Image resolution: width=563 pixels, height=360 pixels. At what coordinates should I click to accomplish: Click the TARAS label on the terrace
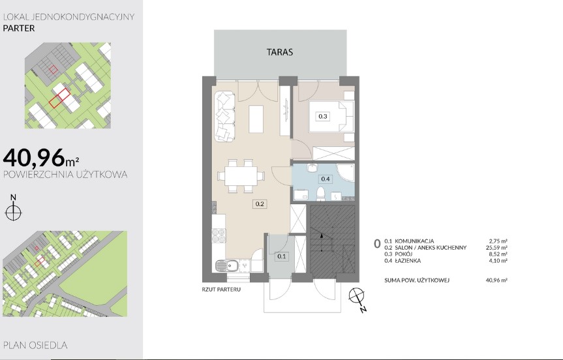coord(280,52)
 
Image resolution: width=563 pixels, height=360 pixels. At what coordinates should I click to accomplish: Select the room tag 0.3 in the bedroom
coord(323,116)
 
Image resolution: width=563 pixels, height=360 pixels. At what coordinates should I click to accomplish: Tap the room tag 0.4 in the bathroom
coord(326,179)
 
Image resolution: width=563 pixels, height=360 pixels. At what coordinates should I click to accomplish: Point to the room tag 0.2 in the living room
coord(260,204)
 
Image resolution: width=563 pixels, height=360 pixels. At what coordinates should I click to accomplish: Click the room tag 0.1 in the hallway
coord(282,256)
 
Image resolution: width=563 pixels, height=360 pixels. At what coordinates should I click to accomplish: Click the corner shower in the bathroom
coord(345,173)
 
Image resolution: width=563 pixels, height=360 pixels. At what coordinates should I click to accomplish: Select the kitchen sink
coord(226,266)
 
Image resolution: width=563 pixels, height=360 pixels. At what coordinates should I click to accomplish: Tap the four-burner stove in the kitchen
coord(219,236)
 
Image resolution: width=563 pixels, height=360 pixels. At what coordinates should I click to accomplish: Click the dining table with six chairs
coord(241,176)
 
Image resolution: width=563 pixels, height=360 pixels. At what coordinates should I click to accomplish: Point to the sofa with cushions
coord(225,116)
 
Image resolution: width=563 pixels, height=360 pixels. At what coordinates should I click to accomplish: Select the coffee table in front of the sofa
coord(256,119)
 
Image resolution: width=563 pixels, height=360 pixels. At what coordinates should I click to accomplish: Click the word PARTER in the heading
coord(19,28)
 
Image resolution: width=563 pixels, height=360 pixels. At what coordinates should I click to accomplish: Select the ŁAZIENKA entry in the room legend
coord(408,261)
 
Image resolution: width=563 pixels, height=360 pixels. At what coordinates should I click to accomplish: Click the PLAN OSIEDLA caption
coord(35,345)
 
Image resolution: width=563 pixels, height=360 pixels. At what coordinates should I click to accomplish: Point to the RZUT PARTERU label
coord(221,290)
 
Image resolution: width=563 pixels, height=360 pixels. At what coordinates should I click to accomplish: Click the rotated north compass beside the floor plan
coord(357,297)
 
